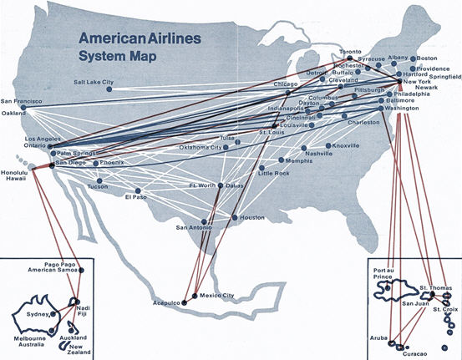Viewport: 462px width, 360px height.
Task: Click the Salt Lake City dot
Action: tap(109, 89)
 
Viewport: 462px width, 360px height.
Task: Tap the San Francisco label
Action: tap(21, 101)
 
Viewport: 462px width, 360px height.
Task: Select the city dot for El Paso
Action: tap(138, 191)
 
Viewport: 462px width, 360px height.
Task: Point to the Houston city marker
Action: tap(235, 218)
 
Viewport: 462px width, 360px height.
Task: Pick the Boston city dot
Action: tap(413, 59)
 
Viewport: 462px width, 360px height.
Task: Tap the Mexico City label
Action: tap(217, 296)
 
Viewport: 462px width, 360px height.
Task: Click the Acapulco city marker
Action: tap(185, 302)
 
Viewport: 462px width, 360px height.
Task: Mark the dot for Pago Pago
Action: tap(82, 270)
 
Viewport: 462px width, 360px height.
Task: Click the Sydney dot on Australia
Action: tap(53, 314)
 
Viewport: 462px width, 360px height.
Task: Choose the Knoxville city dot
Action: tap(328, 146)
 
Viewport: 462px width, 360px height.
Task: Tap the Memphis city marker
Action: tap(281, 160)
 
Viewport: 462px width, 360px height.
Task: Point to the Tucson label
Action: tap(98, 187)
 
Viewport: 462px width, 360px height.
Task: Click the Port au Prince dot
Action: tap(388, 288)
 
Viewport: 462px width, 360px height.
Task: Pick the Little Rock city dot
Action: tap(261, 168)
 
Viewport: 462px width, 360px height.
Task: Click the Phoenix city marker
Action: tap(96, 163)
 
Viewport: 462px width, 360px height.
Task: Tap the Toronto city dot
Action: tap(350, 58)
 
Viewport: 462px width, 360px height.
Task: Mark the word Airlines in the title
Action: tap(173, 38)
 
